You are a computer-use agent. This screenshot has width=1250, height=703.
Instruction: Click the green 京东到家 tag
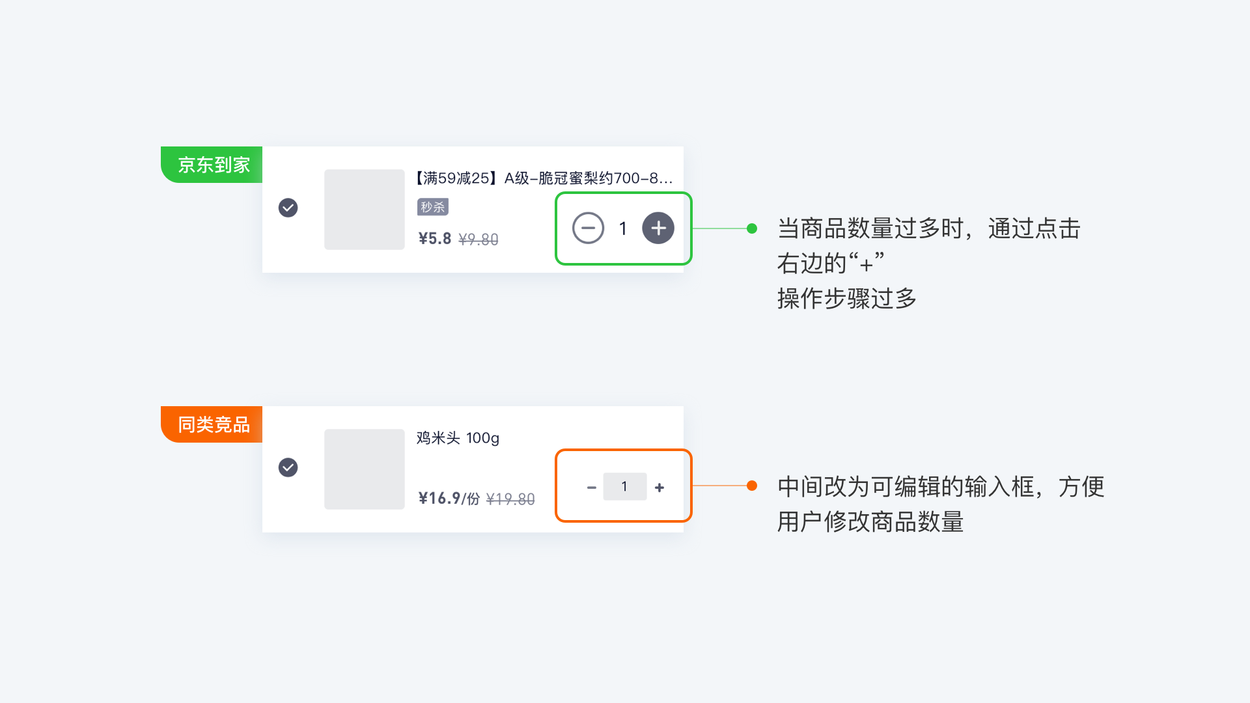(x=212, y=165)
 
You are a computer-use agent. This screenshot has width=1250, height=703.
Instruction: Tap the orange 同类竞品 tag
(x=212, y=424)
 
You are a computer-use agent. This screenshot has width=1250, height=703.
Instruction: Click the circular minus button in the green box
(x=588, y=228)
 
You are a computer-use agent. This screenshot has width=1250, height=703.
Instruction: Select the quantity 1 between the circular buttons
(x=623, y=228)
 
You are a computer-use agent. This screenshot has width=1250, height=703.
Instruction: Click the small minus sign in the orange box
(x=591, y=488)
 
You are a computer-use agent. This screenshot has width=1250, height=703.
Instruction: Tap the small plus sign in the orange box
(x=660, y=488)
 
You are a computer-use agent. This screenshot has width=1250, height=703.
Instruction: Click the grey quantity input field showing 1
(x=625, y=486)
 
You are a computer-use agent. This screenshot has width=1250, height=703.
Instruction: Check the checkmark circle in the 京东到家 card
(x=288, y=208)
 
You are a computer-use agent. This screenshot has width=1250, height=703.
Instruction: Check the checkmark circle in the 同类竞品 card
(x=288, y=467)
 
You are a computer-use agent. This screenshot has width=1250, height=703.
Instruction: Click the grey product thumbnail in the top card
(x=365, y=210)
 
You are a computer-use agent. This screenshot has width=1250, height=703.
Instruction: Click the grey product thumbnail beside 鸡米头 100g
(x=365, y=469)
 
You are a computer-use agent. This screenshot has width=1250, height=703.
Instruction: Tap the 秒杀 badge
(x=433, y=207)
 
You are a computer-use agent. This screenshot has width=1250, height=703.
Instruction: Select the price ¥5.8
(x=434, y=239)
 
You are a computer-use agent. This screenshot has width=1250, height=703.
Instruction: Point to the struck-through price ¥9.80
(x=479, y=240)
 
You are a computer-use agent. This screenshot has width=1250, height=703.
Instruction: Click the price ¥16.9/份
(x=449, y=499)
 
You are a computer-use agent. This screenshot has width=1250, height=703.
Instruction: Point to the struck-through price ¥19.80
(x=510, y=499)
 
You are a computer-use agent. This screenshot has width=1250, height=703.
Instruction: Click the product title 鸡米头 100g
(x=458, y=438)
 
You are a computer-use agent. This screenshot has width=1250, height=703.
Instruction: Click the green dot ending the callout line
(x=752, y=228)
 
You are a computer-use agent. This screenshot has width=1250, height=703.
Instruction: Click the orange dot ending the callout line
(x=752, y=486)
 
